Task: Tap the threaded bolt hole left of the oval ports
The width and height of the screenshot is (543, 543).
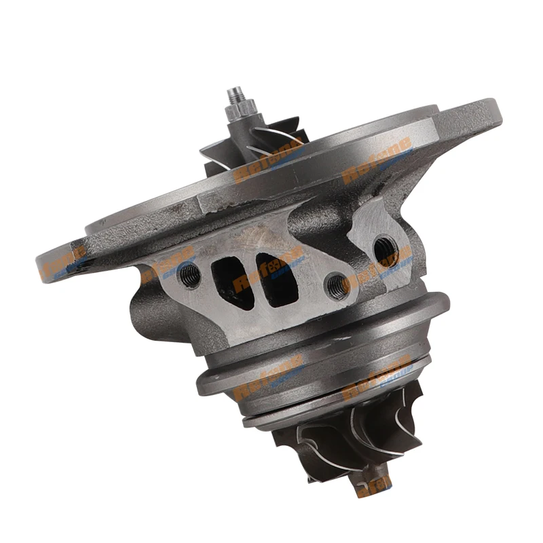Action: click(x=191, y=274)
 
